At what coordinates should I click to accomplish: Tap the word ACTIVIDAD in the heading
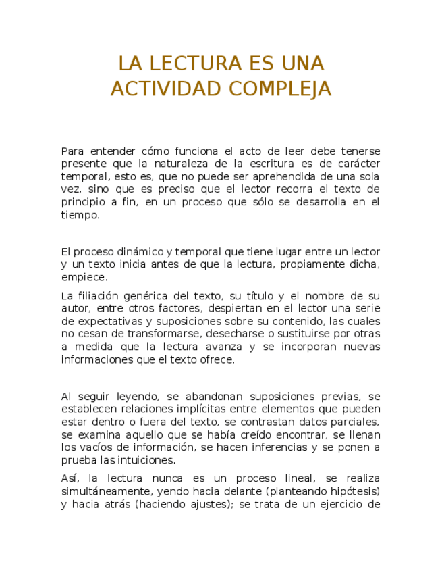click(166, 89)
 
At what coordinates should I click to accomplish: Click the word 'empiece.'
click(84, 277)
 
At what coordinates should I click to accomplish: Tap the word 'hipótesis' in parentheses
click(354, 491)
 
